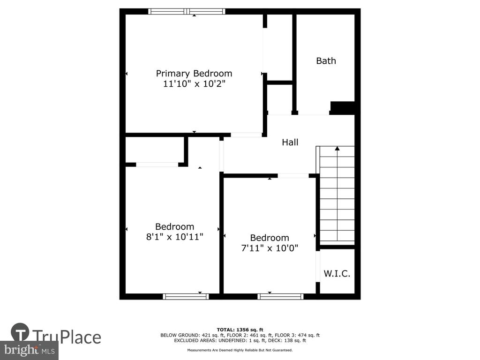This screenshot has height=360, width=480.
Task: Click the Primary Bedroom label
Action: pyautogui.click(x=194, y=74)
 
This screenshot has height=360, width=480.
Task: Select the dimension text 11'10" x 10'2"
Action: pyautogui.click(x=194, y=83)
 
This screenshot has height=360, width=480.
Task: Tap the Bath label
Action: pyautogui.click(x=326, y=61)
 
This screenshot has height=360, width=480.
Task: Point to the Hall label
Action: pyautogui.click(x=290, y=142)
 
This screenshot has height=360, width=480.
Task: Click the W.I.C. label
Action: pyautogui.click(x=337, y=273)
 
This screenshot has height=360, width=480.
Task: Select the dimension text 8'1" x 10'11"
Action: pyautogui.click(x=174, y=237)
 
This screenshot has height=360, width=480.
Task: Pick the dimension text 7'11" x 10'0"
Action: pyautogui.click(x=270, y=247)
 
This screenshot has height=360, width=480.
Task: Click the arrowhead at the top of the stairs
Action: pyautogui.click(x=337, y=149)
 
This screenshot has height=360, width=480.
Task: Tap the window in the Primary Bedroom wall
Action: pyautogui.click(x=187, y=12)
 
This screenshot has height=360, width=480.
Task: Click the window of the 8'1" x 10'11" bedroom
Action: pyautogui.click(x=186, y=296)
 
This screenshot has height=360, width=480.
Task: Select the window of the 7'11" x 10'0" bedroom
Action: pyautogui.click(x=280, y=296)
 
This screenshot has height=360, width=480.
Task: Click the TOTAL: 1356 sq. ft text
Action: pyautogui.click(x=240, y=330)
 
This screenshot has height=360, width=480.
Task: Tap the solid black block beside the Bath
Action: pyautogui.click(x=342, y=108)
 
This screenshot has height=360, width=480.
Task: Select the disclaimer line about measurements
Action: pyautogui.click(x=240, y=350)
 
